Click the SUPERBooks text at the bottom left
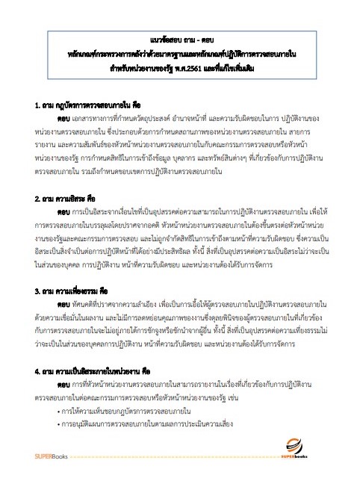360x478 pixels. (53, 456)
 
